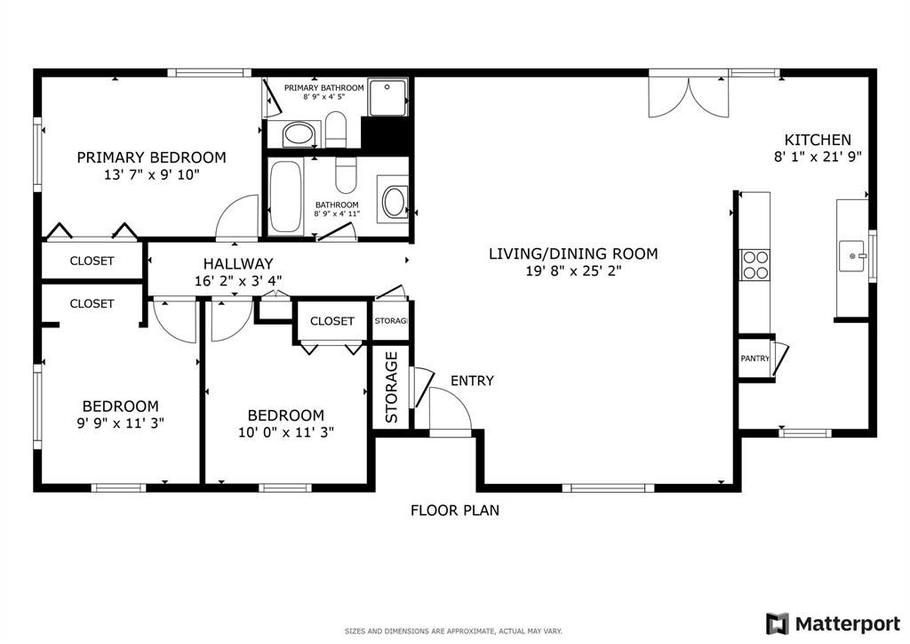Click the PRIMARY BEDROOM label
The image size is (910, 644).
(151, 157)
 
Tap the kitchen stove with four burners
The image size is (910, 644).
(755, 266)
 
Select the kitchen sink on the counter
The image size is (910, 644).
(853, 257)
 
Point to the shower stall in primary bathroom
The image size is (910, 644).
(387, 97)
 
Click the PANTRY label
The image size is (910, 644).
(754, 358)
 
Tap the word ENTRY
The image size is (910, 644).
(472, 381)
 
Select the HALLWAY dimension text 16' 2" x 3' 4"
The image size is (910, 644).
(237, 280)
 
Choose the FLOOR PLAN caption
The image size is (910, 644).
(454, 511)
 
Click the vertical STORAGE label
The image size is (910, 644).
(391, 388)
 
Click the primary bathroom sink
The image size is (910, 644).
(298, 136)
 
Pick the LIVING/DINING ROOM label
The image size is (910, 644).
(573, 254)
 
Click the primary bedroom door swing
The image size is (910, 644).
(238, 218)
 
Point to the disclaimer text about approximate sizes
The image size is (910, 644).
(453, 631)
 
